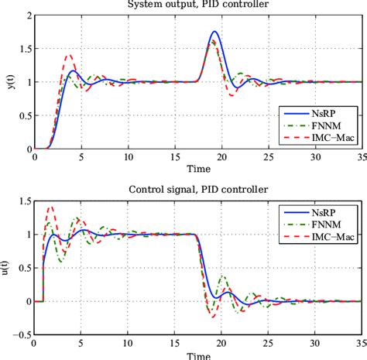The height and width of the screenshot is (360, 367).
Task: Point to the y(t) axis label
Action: [x=9, y=81]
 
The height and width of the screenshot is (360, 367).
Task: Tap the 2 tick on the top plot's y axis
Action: [x=27, y=15]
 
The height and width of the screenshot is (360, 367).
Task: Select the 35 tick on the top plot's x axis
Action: [x=361, y=156]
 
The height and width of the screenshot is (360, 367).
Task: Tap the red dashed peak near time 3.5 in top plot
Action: [x=68, y=55]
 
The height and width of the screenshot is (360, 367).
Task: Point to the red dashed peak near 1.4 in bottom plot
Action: [x=52, y=207]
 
